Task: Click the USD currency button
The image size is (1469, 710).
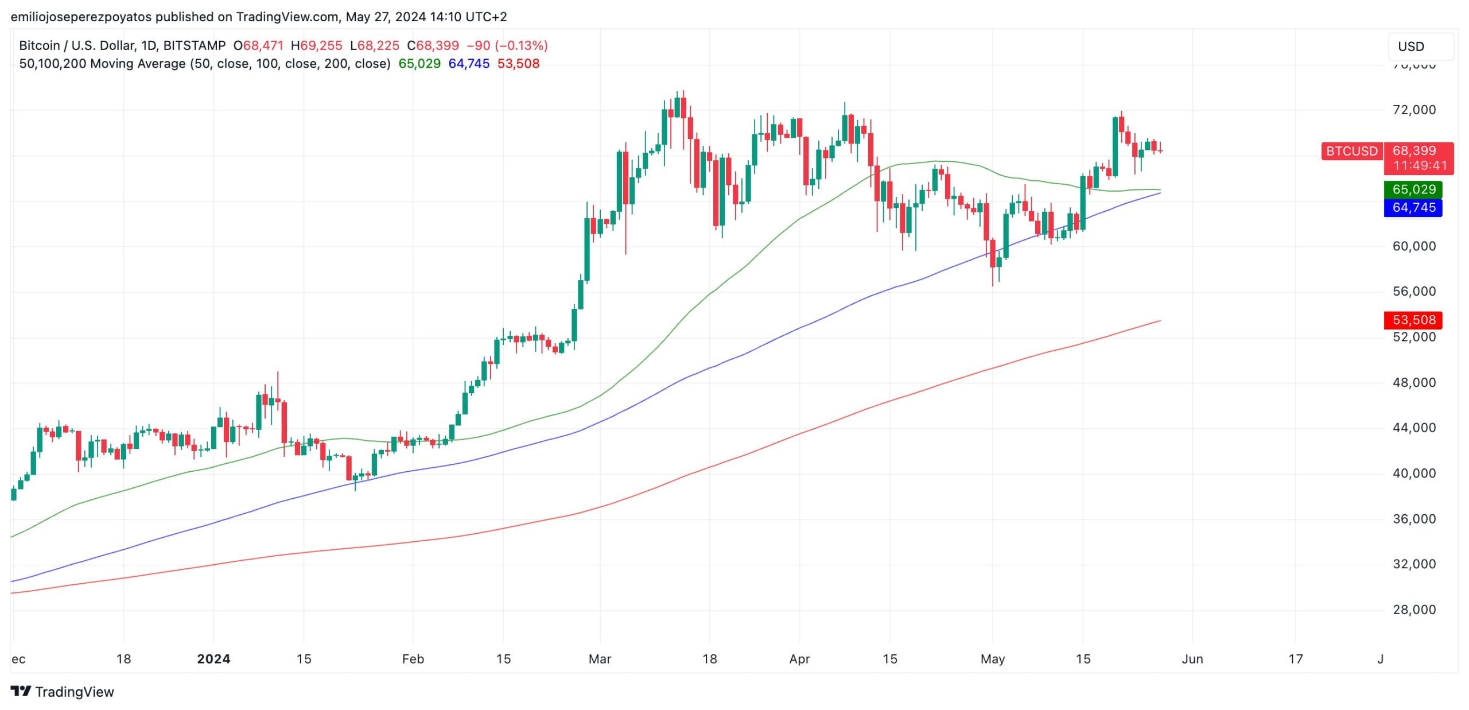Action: point(1420,46)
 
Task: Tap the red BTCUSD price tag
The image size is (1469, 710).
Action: point(1351,151)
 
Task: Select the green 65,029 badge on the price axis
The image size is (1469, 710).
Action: point(1413,189)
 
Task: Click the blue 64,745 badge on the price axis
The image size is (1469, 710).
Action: point(1413,207)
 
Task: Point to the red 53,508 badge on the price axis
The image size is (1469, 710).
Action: point(1413,320)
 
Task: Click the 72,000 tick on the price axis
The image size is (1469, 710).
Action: point(1414,110)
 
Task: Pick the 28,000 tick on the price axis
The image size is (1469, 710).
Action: point(1414,610)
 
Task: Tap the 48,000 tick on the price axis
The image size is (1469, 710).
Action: point(1414,382)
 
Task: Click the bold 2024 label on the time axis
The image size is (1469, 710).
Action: point(213,659)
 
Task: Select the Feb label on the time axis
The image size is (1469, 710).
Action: point(413,659)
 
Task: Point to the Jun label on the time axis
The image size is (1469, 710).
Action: point(1192,659)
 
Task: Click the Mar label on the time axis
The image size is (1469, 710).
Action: point(600,659)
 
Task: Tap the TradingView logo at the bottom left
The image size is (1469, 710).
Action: point(63,692)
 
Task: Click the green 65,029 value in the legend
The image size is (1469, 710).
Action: point(419,64)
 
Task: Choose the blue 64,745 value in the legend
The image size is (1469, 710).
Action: point(469,64)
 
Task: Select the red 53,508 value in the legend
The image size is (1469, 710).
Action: point(518,64)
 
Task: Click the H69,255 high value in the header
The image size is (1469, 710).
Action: point(316,45)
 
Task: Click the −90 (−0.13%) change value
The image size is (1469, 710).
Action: point(507,45)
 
